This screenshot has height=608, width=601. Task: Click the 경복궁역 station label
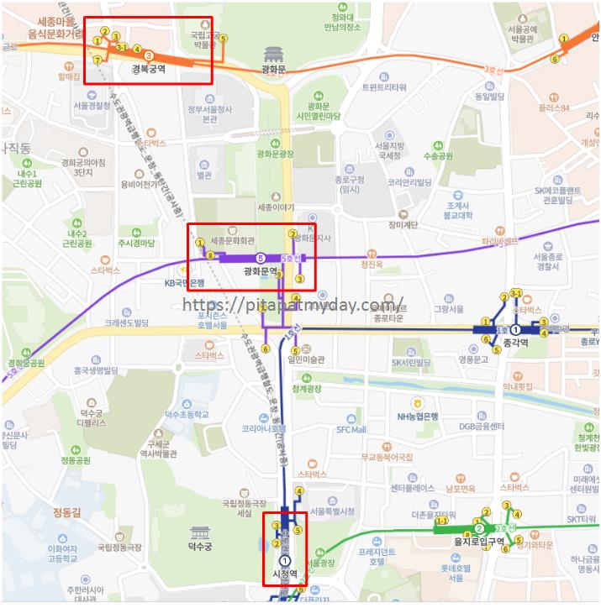148,70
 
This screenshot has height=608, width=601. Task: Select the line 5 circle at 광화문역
260,258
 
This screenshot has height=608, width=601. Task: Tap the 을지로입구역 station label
477,542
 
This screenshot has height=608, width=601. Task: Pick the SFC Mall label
351,429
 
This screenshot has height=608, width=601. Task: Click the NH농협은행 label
419,416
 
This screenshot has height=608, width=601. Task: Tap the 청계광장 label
307,389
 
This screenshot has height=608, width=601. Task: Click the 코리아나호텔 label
266,428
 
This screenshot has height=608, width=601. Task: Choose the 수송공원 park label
437,156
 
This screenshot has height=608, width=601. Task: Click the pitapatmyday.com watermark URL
293,306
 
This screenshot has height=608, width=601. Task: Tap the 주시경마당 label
136,244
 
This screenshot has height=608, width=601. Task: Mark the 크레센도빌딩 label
126,322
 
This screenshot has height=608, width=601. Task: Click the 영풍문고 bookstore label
473,359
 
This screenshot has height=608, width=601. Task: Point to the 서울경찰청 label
92,106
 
